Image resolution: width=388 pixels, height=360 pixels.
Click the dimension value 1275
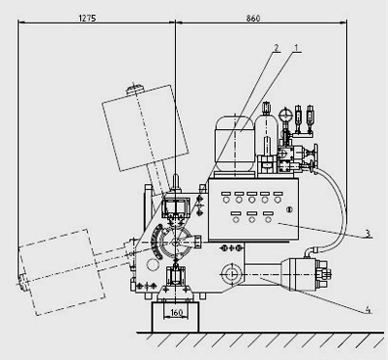click(x=87, y=18)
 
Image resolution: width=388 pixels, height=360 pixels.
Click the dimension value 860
click(x=253, y=19)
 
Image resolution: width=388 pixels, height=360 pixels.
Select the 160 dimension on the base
click(x=176, y=313)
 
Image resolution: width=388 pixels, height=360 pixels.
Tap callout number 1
click(x=297, y=48)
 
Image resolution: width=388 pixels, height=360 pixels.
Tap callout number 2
click(x=277, y=48)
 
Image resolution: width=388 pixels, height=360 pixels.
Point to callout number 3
click(x=367, y=233)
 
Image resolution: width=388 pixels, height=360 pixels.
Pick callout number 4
click(x=367, y=309)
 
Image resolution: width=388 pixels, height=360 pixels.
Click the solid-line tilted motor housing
click(x=146, y=128)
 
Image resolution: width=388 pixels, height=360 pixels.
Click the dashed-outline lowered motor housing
click(x=62, y=272)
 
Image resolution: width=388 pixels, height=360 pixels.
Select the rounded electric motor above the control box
click(x=235, y=144)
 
